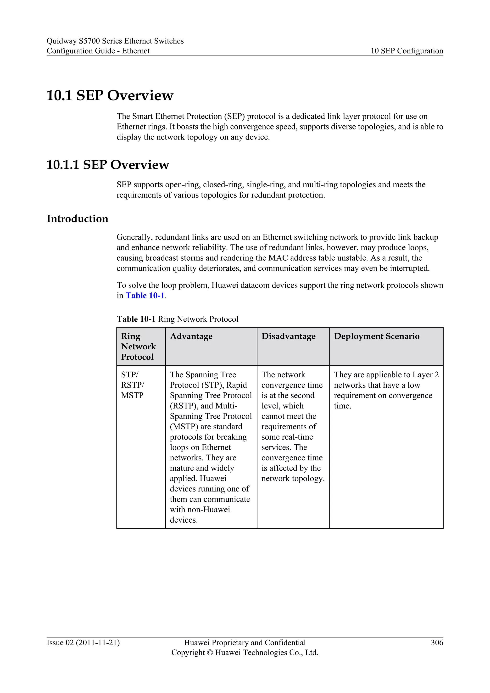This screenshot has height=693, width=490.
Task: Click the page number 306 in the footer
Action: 437,642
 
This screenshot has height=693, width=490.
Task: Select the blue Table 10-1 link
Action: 145,296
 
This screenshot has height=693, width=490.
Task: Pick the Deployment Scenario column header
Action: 376,336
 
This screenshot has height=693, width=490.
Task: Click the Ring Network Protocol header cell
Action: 138,346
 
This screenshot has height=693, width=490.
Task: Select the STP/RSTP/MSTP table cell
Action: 133,385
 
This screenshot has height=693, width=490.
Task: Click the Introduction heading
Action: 77,218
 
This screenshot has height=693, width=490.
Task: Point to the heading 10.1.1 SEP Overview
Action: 108,165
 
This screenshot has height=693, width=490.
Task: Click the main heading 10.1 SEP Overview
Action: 110,95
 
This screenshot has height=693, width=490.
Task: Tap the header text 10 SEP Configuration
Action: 407,51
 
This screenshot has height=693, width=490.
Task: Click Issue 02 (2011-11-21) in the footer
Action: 83,642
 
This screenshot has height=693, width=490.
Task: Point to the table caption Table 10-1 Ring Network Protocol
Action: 178,319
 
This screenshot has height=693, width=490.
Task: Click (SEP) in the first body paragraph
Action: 234,116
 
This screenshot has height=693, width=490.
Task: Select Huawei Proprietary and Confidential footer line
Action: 245,642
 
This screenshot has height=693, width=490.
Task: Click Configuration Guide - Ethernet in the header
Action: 98,51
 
